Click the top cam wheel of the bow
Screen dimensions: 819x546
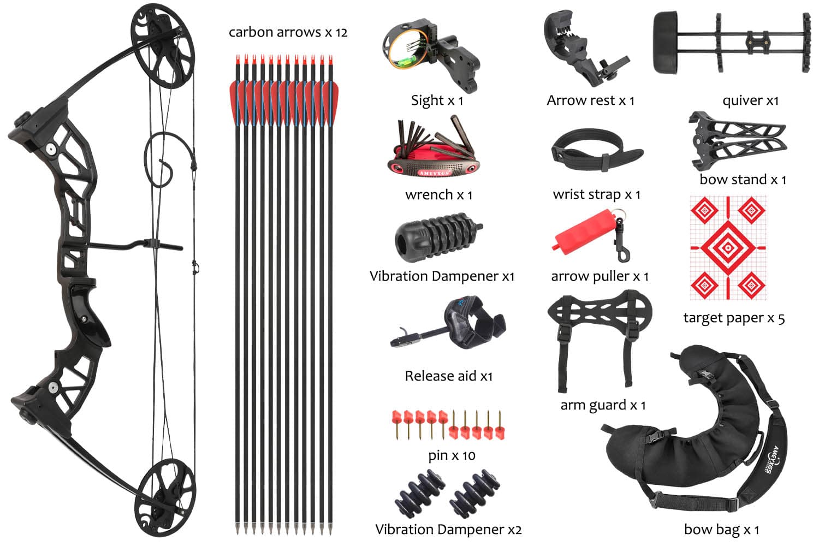click(x=163, y=46)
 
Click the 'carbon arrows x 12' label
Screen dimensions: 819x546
click(x=288, y=33)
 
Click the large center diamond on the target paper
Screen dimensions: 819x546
click(x=728, y=247)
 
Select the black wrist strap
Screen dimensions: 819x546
click(x=596, y=150)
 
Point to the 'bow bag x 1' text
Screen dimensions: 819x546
click(x=722, y=530)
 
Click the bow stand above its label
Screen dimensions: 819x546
click(x=737, y=141)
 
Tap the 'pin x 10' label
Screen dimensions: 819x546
click(x=452, y=456)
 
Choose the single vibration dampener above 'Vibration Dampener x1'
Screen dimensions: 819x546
click(x=438, y=237)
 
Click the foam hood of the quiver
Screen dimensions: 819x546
click(x=666, y=43)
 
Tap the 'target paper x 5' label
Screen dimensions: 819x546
click(x=734, y=318)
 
